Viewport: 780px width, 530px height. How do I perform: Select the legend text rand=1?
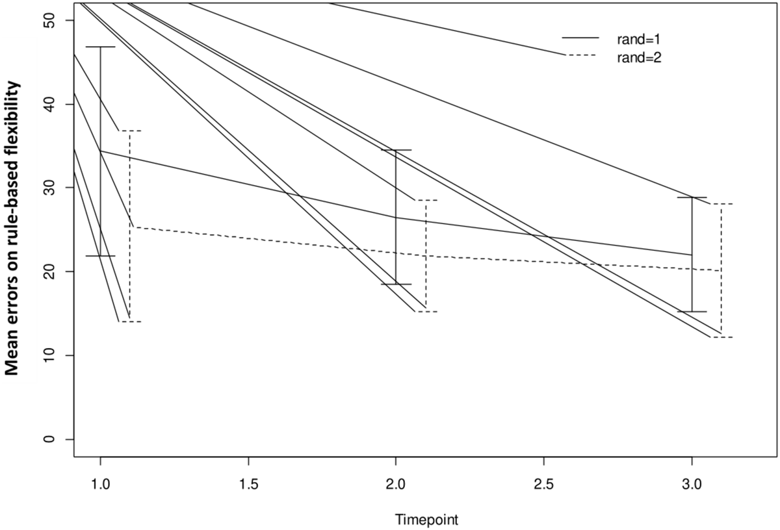pos(639,38)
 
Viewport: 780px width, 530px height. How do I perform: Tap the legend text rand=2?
pos(639,57)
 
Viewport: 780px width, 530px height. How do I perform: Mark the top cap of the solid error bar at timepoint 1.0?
pos(100,47)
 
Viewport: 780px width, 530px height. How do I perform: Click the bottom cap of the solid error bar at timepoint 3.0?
pos(692,312)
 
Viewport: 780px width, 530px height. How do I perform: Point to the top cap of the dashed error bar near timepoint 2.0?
pos(426,200)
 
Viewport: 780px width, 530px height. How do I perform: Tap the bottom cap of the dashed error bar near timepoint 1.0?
pos(130,322)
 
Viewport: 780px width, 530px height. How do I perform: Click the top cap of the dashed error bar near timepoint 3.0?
pos(721,204)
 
